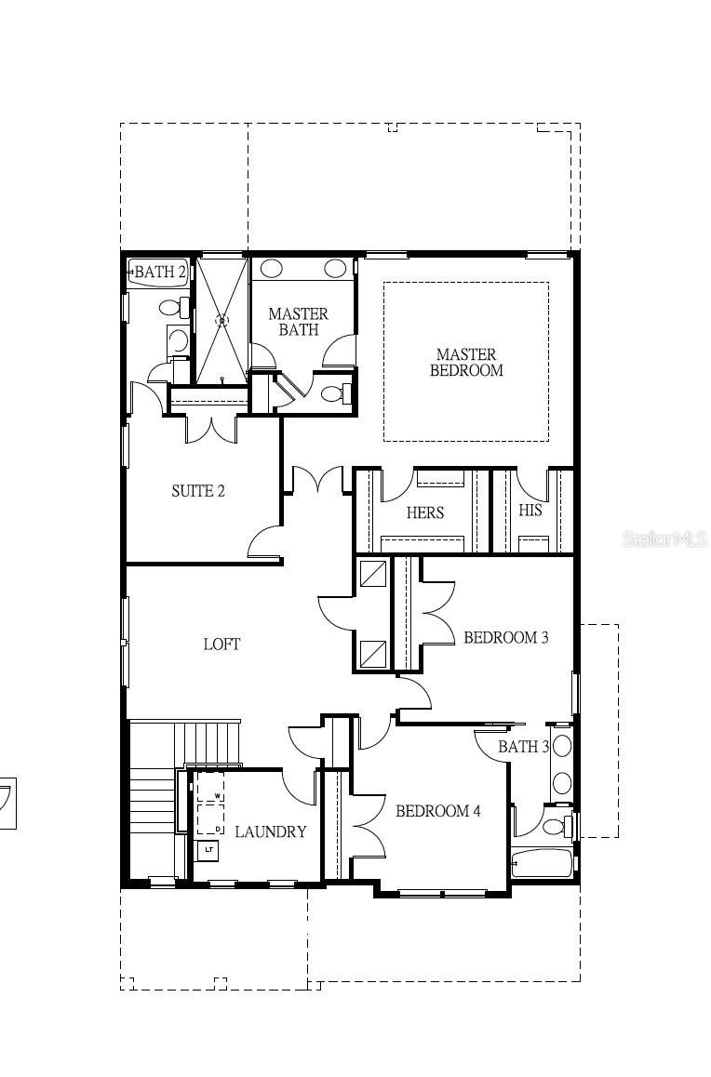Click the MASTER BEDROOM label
click(x=466, y=362)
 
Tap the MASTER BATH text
click(x=298, y=322)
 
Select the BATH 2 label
click(x=159, y=273)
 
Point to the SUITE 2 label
click(x=197, y=491)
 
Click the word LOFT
click(x=221, y=644)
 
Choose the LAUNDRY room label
click(x=270, y=831)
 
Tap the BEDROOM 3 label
click(x=505, y=638)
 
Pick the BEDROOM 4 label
click(x=437, y=811)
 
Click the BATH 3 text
click(x=523, y=747)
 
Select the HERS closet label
click(x=424, y=512)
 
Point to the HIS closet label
click(x=530, y=511)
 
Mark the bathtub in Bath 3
click(x=542, y=863)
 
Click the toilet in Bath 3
click(x=557, y=825)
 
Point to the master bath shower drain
click(x=221, y=321)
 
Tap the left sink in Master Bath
click(x=272, y=269)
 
